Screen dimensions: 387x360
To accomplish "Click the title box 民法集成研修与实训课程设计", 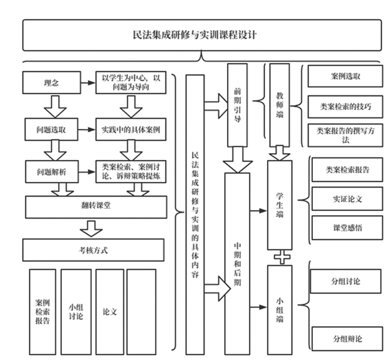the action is pos(202,35).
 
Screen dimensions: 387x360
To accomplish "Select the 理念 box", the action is pos(51,82).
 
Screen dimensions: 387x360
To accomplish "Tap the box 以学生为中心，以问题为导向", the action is pos(131,82).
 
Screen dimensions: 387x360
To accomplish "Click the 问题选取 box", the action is pos(51,129).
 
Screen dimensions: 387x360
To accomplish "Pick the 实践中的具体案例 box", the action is pos(131,129).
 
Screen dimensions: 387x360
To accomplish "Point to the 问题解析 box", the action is pos(52,172).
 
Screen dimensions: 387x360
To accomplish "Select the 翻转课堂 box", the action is pos(96,207).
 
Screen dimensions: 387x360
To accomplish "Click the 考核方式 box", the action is pos(93,250).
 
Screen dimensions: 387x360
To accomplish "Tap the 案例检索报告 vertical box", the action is pos(43,312).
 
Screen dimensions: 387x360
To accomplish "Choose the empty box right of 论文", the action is pos(141,312).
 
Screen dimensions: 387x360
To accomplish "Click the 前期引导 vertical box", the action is pos(237,105).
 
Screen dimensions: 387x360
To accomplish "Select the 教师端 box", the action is pos(280,105).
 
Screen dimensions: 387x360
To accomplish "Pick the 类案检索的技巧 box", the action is pos(345,106).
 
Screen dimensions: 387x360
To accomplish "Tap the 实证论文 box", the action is pos(347,199).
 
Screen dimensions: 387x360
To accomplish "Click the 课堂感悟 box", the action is pos(347,227).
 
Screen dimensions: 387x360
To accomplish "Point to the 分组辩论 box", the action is pos(347,339).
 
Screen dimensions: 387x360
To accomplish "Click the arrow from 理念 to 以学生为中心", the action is pos(88,82).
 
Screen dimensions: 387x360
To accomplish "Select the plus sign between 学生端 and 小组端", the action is pos(282,258).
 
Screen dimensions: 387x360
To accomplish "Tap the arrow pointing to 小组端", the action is pos(259,307).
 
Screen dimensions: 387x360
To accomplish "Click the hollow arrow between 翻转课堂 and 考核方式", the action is pos(91,229).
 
